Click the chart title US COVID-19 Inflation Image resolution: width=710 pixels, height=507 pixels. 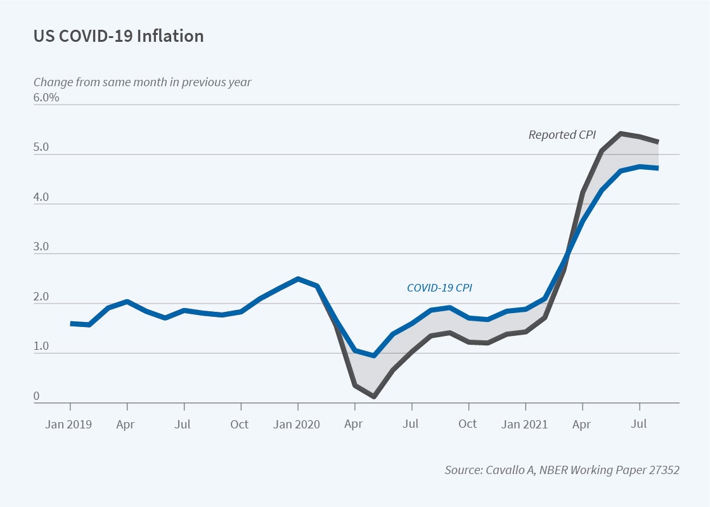pyautogui.click(x=119, y=36)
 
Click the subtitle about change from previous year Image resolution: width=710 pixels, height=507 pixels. pyautogui.click(x=142, y=82)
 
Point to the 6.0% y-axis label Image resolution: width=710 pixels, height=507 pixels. pyautogui.click(x=46, y=98)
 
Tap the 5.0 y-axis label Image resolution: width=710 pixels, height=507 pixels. pyautogui.click(x=41, y=148)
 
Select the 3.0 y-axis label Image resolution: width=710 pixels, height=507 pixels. pyautogui.click(x=41, y=247)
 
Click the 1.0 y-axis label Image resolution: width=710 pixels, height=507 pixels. pyautogui.click(x=41, y=347)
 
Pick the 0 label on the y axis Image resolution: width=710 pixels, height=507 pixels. pyautogui.click(x=36, y=397)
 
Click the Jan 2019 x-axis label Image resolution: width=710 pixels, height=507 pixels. pyautogui.click(x=68, y=424)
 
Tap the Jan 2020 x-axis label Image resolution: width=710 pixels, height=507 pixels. pyautogui.click(x=297, y=424)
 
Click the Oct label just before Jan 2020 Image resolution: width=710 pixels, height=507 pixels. pyautogui.click(x=240, y=424)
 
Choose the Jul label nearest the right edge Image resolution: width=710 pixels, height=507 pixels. pyautogui.click(x=639, y=424)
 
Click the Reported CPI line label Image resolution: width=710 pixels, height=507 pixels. pyautogui.click(x=562, y=134)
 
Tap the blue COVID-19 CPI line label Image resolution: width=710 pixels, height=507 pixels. pyautogui.click(x=439, y=288)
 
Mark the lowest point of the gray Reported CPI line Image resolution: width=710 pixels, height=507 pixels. pyautogui.click(x=373, y=397)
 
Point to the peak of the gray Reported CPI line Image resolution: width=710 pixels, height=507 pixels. pyautogui.click(x=621, y=133)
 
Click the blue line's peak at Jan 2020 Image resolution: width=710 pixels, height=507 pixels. pyautogui.click(x=298, y=278)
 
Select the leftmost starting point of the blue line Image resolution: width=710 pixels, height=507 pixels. pyautogui.click(x=71, y=323)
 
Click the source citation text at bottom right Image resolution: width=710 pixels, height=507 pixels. pyautogui.click(x=562, y=470)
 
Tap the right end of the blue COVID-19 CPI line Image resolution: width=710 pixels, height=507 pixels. pyautogui.click(x=657, y=168)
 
